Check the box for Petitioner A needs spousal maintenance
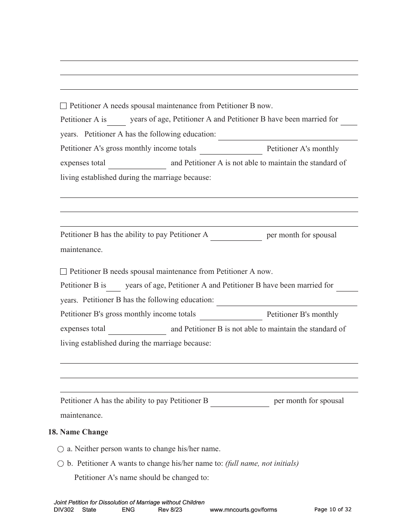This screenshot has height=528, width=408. tap(64, 106)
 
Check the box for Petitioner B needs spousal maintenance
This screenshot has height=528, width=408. tap(64, 272)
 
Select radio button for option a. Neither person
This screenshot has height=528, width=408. tap(61, 449)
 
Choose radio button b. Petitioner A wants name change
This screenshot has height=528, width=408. tap(61, 464)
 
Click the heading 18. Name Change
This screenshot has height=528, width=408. tap(78, 432)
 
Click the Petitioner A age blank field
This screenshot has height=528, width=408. tap(116, 121)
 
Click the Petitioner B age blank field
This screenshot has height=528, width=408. tap(114, 286)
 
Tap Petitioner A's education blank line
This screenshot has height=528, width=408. tap(288, 135)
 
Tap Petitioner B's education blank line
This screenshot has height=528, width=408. tap(286, 301)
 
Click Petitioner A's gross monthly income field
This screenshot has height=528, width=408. tap(231, 150)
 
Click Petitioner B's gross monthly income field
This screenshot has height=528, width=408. tap(231, 316)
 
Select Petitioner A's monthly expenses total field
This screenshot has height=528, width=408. tap(137, 164)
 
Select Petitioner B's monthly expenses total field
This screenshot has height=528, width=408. tap(137, 330)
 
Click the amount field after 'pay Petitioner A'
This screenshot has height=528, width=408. tap(236, 236)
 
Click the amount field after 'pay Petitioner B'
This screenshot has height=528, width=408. tap(239, 402)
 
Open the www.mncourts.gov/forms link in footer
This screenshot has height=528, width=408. tap(243, 510)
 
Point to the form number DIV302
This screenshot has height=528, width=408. tap(64, 510)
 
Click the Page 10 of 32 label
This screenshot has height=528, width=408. tap(333, 510)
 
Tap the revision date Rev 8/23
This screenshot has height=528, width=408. tap(170, 510)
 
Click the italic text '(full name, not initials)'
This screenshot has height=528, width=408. tap(262, 464)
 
